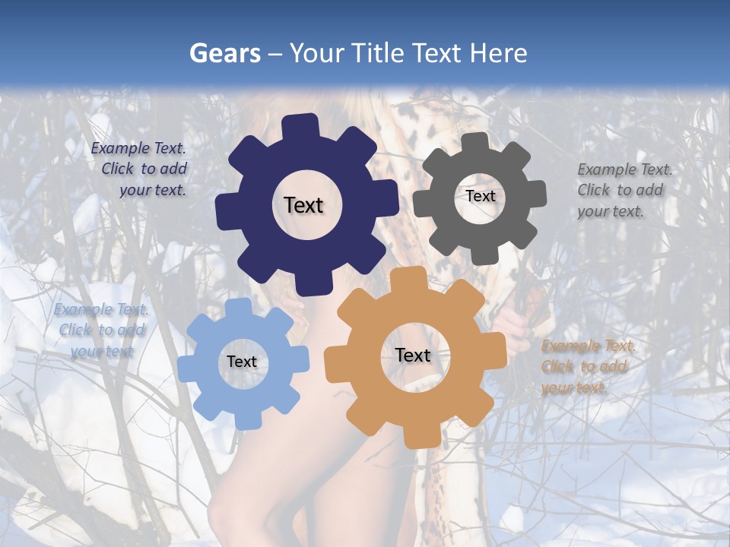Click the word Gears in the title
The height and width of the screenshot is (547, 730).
coord(224,53)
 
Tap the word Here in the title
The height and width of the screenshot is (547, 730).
coord(498,53)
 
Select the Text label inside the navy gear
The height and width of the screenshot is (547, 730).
coord(303,205)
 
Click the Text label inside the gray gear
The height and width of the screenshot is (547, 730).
coord(480,196)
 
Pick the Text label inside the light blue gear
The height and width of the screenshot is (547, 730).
coord(242,362)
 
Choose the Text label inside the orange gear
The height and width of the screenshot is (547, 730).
coord(413,356)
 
